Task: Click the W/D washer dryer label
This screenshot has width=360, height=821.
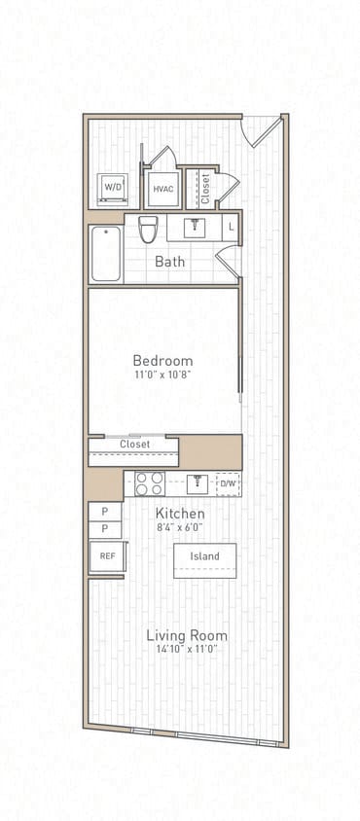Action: (113, 187)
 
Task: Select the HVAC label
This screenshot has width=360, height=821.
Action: (163, 189)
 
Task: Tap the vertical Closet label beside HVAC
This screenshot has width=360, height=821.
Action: (205, 186)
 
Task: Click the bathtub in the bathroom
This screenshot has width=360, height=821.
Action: (106, 253)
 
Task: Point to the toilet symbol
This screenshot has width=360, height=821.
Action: (148, 230)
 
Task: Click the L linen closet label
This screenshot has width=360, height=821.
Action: (231, 228)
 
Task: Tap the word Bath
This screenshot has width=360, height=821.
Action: (169, 262)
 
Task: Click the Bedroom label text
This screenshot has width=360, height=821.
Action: (162, 360)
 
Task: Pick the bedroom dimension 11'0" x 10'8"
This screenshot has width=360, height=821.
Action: (162, 375)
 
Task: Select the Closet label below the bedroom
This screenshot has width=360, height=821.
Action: (134, 445)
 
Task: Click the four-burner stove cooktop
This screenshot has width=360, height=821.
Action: (149, 482)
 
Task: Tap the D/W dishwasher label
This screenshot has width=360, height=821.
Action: (228, 482)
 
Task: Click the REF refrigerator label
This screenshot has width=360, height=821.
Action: (106, 555)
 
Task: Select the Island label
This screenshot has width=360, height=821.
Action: (204, 556)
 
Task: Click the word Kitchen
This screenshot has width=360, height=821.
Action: (180, 513)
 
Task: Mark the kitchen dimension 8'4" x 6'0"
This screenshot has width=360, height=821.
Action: (180, 526)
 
